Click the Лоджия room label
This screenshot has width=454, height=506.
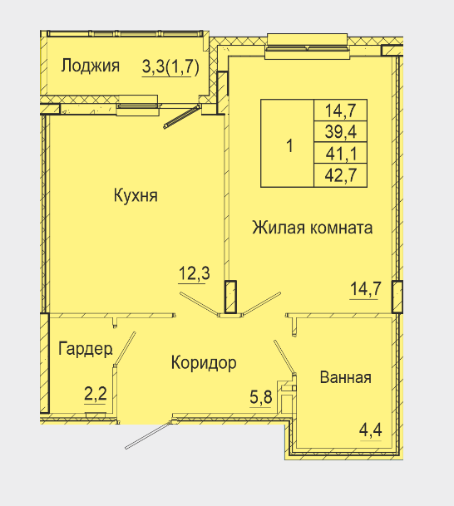(x=91, y=66)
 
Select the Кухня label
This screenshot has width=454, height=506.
(x=136, y=195)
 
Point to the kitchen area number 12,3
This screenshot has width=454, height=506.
(x=194, y=273)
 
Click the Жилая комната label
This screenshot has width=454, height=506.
(x=313, y=228)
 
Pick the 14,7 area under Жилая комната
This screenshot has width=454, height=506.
(x=366, y=288)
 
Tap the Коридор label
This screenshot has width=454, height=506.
(x=204, y=363)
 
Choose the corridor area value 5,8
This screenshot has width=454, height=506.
(x=261, y=396)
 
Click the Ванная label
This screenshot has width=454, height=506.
(x=346, y=377)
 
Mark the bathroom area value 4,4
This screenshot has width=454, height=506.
(x=371, y=430)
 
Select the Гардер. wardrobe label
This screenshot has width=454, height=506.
(x=86, y=349)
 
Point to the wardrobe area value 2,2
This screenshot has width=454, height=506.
(x=96, y=394)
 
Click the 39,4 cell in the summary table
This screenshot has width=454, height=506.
(x=341, y=131)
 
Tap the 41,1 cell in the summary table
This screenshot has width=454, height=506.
(x=341, y=153)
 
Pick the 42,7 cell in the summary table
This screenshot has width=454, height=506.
(x=341, y=175)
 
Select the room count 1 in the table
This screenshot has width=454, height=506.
(x=290, y=145)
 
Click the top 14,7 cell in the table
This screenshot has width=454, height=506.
(x=341, y=111)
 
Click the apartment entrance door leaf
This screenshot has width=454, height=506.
(x=148, y=435)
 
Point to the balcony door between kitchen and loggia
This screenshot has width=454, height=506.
(x=182, y=116)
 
